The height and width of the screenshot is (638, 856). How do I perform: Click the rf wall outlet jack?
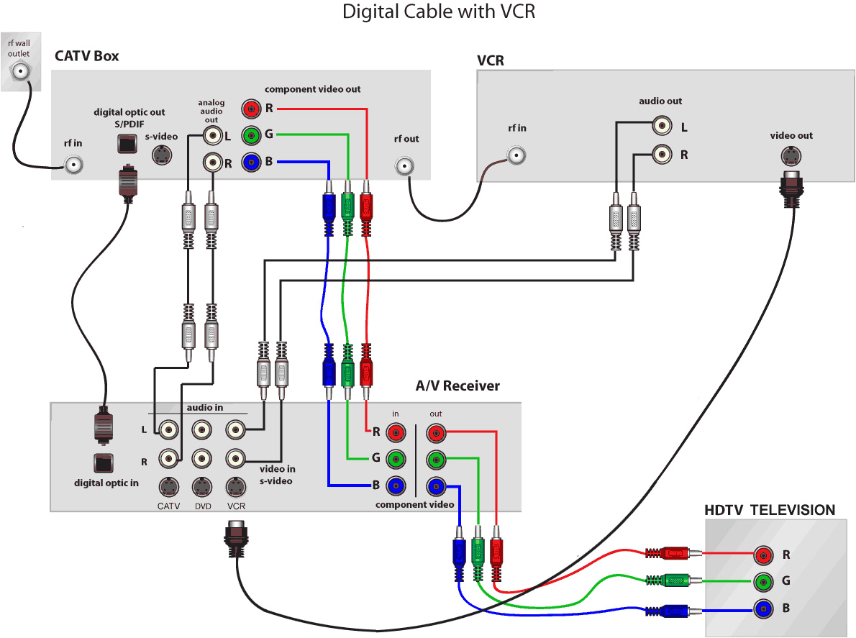19,70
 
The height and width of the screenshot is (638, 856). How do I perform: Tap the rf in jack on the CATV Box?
73,165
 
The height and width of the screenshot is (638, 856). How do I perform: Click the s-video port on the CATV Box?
163,154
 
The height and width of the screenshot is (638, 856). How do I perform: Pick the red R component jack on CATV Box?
250,109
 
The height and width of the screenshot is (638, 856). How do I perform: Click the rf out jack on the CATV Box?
406,167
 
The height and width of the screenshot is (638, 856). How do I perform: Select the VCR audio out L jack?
661,126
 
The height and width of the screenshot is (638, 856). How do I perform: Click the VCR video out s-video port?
792,156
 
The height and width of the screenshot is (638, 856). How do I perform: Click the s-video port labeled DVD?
202,487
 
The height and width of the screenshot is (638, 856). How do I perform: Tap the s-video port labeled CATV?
168,487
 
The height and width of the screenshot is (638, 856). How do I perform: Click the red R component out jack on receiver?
436,433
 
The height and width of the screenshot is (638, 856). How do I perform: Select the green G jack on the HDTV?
762,582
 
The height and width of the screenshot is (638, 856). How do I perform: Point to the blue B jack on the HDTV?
762,609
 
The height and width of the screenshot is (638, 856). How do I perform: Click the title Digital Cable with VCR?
439,12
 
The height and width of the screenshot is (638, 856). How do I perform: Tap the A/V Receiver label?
457,386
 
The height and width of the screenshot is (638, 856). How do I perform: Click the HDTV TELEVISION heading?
770,510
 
